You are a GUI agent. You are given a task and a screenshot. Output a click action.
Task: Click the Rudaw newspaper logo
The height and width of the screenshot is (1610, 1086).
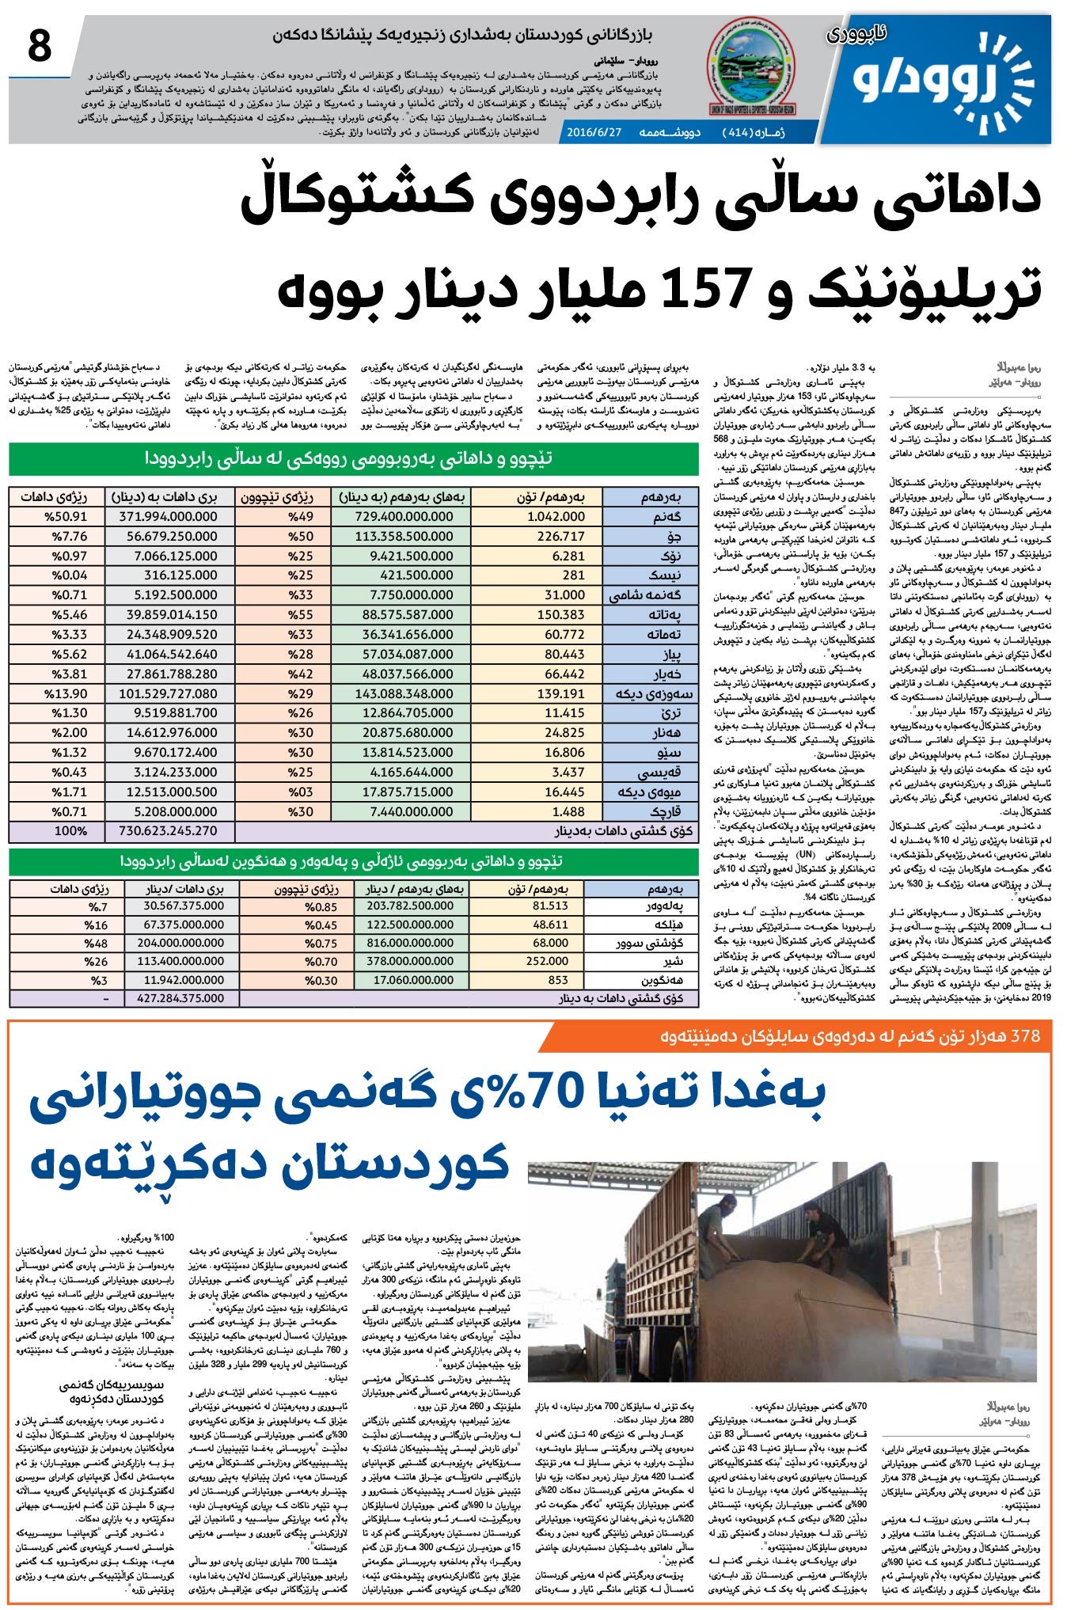click(x=942, y=83)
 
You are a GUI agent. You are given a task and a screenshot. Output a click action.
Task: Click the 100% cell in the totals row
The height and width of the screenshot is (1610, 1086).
click(x=71, y=831)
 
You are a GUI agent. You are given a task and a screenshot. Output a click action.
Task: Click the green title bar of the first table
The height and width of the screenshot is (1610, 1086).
click(x=354, y=458)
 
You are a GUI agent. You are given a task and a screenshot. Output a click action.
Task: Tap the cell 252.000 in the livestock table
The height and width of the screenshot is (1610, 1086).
click(x=547, y=962)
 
